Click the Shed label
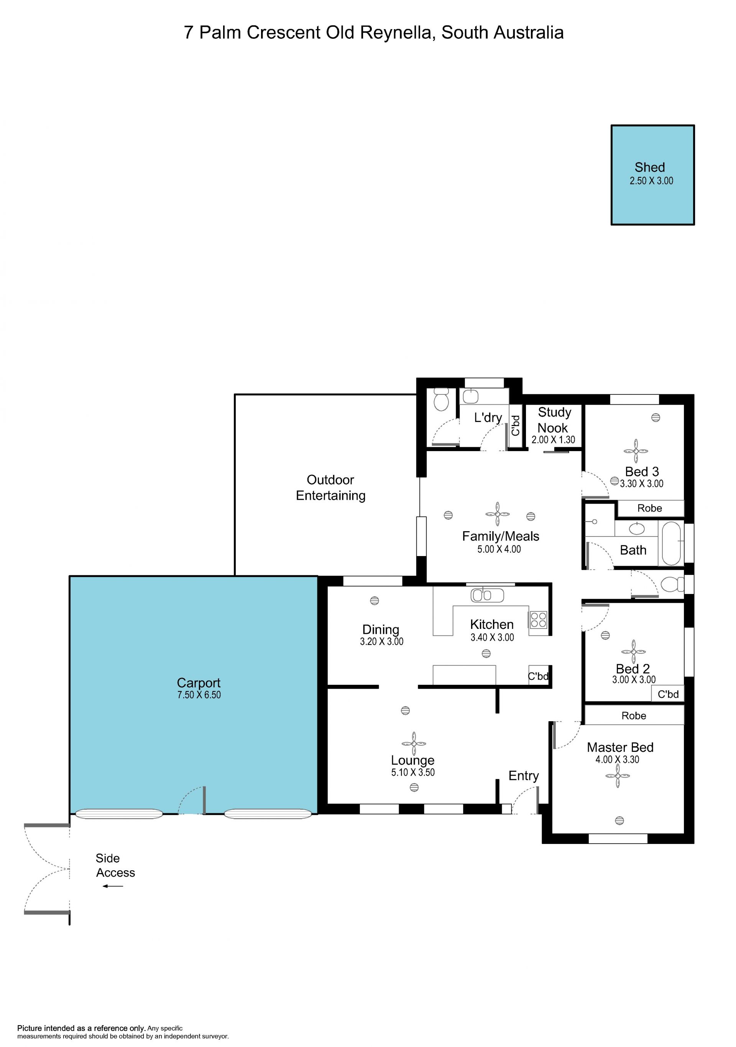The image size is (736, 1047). click(x=649, y=167)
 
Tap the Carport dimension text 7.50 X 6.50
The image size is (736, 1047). click(x=199, y=695)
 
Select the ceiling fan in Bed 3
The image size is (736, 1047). click(x=636, y=451)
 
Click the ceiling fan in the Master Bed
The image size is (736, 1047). click(x=618, y=776)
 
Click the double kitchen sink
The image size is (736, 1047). click(x=487, y=595)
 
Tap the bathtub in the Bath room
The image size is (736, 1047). click(x=671, y=543)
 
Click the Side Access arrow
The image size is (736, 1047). click(x=113, y=886)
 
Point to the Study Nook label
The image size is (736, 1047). click(x=554, y=420)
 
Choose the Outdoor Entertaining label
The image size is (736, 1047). click(x=330, y=487)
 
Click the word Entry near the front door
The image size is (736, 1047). click(x=524, y=775)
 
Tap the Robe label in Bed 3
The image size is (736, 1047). click(x=649, y=508)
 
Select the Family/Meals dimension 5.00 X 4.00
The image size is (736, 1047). click(x=499, y=549)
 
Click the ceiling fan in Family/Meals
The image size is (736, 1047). click(x=498, y=514)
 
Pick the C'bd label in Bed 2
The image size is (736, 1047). click(x=668, y=694)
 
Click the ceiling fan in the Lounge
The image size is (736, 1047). click(x=414, y=744)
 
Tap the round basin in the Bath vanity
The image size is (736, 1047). click(x=637, y=528)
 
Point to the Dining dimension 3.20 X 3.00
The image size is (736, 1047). click(x=382, y=641)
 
